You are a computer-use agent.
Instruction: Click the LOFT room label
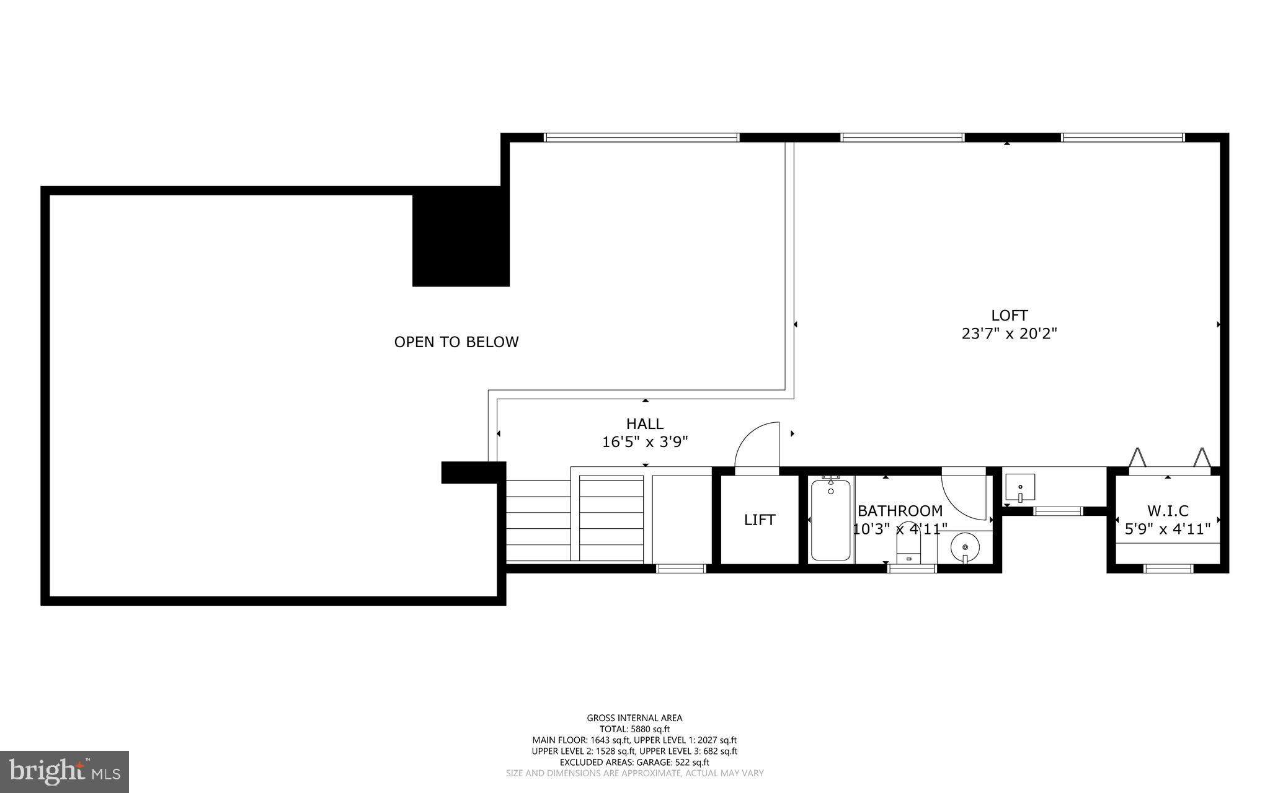[x=1009, y=315]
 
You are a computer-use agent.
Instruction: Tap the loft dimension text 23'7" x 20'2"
[x=1009, y=334]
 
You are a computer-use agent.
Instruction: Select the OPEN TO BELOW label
[x=456, y=342]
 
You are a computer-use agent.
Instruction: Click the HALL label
[x=645, y=423]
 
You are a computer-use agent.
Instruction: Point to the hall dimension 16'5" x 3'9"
[x=645, y=442]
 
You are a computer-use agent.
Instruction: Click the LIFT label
[x=760, y=520]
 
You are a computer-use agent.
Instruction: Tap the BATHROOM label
[x=900, y=511]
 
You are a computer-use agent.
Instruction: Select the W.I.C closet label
[x=1168, y=511]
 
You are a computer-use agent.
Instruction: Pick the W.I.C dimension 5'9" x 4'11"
[x=1168, y=529]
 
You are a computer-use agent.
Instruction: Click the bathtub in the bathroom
[x=830, y=520]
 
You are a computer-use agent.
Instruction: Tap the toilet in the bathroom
[x=909, y=548]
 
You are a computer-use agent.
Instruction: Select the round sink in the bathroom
[x=964, y=547]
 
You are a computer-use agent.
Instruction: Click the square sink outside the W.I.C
[x=1020, y=488]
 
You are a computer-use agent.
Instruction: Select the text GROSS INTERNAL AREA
[x=634, y=718]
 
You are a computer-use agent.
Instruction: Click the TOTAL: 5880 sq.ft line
[x=634, y=729]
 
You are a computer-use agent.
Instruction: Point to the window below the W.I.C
[x=1168, y=568]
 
